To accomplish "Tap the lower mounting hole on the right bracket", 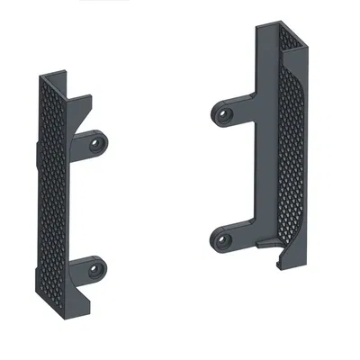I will pos(221,238).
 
